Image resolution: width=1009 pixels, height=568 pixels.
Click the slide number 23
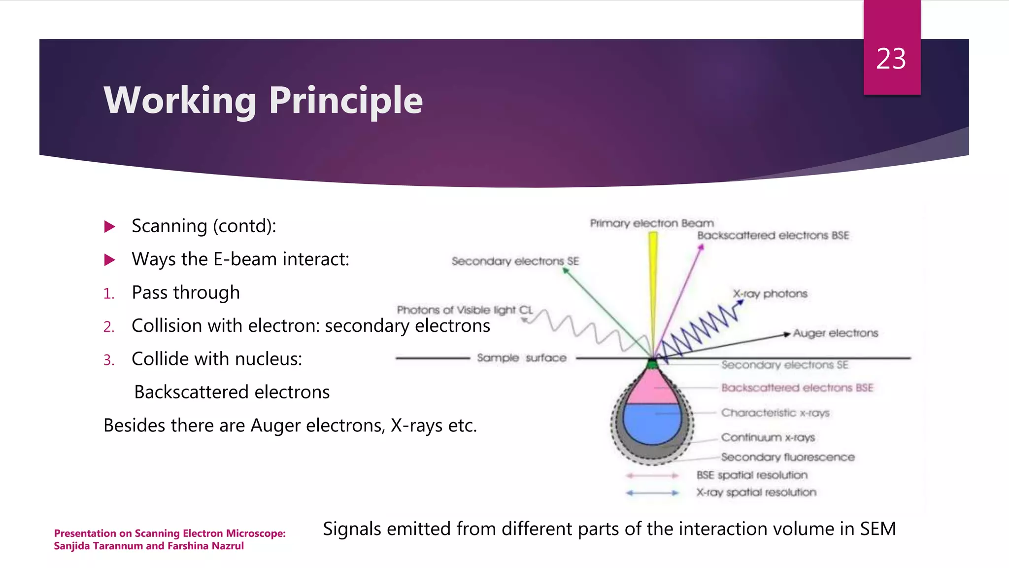click(x=891, y=59)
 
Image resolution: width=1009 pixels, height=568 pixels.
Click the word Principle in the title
click(x=345, y=101)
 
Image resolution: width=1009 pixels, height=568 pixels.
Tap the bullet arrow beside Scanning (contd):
click(x=110, y=227)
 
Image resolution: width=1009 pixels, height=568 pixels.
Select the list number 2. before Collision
click(x=109, y=327)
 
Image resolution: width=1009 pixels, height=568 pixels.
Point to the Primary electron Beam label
click(x=651, y=223)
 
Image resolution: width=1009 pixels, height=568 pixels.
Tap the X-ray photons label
click(x=770, y=294)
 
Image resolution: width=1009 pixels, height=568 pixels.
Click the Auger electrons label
click(x=835, y=333)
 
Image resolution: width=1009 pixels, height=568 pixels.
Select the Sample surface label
click(x=521, y=358)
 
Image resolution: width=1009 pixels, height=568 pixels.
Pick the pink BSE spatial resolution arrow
click(x=652, y=476)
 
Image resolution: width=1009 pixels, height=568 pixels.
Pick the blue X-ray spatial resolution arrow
click(x=652, y=493)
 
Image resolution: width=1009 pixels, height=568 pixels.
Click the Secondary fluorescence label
click(x=787, y=457)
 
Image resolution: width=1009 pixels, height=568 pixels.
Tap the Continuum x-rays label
click(x=768, y=437)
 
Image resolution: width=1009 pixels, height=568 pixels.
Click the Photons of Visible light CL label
click(x=465, y=310)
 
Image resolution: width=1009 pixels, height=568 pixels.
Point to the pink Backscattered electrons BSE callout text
click(x=797, y=388)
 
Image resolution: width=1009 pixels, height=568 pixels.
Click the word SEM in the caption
click(x=877, y=529)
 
